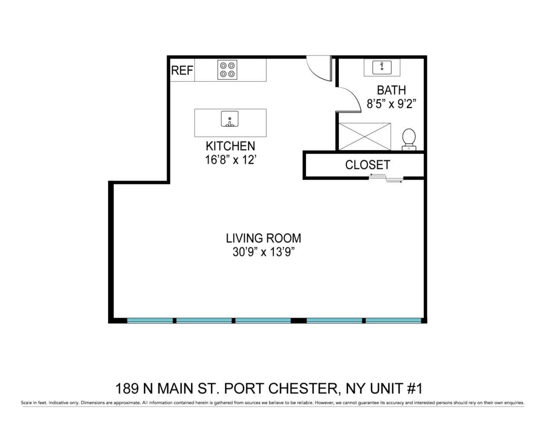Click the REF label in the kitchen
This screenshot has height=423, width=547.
[x=182, y=70]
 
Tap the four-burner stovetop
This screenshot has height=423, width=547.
[x=227, y=70]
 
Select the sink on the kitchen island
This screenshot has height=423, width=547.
[x=229, y=119]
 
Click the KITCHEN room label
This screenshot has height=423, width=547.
[x=230, y=146]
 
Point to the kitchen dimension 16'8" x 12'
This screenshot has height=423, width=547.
[x=231, y=160]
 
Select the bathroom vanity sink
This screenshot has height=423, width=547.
[x=382, y=68]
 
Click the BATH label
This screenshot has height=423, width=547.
[x=391, y=90]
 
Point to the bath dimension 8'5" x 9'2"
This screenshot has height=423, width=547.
[x=391, y=104]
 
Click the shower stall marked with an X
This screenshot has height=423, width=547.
[x=365, y=136]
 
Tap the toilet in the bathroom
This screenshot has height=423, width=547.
[x=409, y=139]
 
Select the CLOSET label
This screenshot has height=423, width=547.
[x=368, y=165]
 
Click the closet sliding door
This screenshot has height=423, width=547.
[x=386, y=178]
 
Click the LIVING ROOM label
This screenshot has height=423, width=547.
[x=263, y=238]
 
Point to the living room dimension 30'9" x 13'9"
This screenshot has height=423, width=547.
[x=264, y=252]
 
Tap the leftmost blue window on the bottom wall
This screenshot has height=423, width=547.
[x=150, y=321]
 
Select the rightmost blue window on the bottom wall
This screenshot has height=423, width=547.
[x=393, y=321]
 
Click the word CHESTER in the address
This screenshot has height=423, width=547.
[x=303, y=388]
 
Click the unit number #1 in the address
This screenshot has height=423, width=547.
[x=415, y=388]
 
